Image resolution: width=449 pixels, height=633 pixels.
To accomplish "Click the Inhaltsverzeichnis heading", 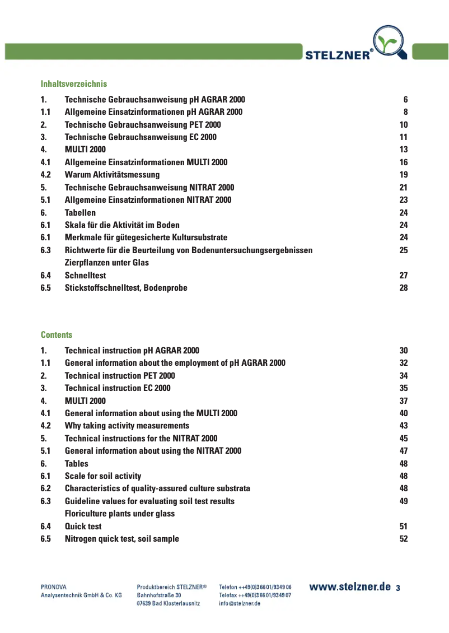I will point(73,84).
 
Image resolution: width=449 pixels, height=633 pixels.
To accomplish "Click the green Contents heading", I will point(57,335).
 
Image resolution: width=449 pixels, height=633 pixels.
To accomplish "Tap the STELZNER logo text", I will point(338,54).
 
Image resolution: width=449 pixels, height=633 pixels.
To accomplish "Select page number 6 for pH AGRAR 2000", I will point(405,100).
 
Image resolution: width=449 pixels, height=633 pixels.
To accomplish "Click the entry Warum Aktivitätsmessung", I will point(112,175).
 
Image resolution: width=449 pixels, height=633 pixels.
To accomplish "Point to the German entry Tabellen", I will point(80,213).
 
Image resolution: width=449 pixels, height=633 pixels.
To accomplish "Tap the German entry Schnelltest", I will point(85,276).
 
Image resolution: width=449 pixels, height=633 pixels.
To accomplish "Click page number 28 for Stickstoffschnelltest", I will point(404,288).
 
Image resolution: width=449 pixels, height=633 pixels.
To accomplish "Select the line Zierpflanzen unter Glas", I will point(107,263).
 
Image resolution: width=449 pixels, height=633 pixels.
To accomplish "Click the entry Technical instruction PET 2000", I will point(120,376).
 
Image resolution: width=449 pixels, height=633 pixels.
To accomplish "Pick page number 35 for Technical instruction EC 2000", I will point(404,388).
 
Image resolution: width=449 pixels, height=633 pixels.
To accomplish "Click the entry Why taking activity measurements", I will point(127,426).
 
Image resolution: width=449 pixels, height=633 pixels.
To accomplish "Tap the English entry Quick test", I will point(83,527).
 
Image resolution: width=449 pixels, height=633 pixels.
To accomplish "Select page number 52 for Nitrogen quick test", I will point(404,539).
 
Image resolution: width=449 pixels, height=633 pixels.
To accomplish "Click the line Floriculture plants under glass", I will point(120,514).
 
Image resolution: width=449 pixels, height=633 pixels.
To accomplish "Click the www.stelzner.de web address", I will point(350,587).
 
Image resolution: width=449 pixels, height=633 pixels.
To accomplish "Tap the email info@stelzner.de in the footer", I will point(240,603).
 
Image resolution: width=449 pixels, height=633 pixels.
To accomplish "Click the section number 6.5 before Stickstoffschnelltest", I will point(46,288).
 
